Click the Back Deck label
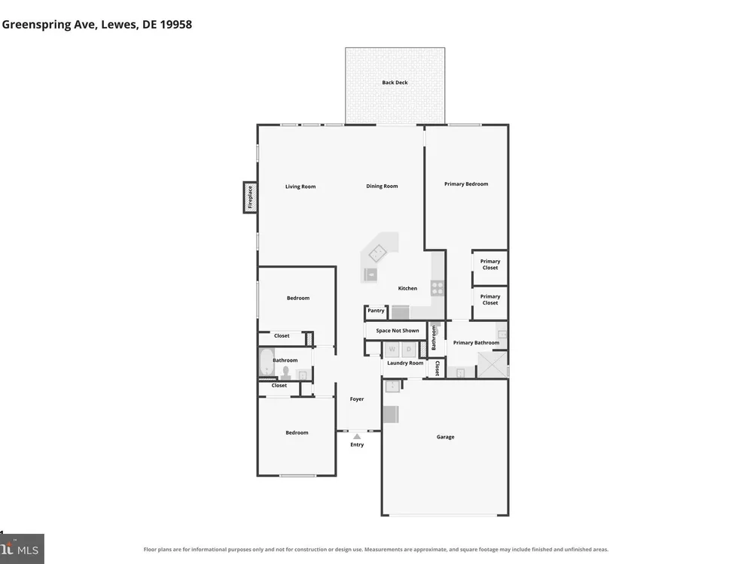(395, 83)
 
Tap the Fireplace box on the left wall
(250, 197)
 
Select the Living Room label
(300, 186)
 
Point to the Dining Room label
(382, 186)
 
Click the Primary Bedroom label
(466, 183)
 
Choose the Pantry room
(376, 313)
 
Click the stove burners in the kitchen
(437, 288)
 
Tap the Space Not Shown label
(397, 330)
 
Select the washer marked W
(392, 349)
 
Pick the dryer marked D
(409, 349)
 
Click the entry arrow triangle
(357, 436)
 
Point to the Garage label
(445, 437)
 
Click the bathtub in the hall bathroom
(266, 362)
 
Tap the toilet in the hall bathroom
(285, 371)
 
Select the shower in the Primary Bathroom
(492, 365)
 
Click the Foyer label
(357, 399)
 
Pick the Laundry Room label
(405, 363)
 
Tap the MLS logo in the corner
(22, 549)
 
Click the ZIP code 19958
(175, 25)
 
